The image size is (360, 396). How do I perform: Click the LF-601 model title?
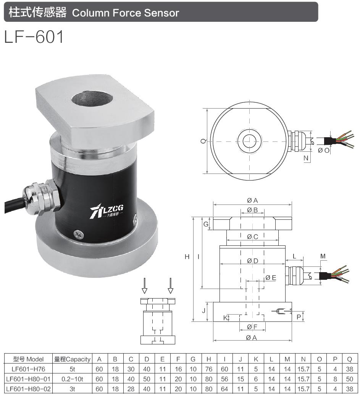point(34,37)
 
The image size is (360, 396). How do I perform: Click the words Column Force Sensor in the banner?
point(125,13)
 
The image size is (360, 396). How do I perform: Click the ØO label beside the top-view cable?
point(323,150)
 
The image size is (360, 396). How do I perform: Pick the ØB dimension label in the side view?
point(252,210)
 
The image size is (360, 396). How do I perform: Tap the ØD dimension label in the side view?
point(252,261)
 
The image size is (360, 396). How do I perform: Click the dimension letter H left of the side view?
point(187,257)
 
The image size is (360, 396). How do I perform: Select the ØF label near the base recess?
point(252,327)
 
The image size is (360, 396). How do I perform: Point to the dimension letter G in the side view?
point(205,224)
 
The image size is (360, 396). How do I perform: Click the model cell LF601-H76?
point(28,369)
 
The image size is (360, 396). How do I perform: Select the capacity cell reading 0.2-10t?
point(72,379)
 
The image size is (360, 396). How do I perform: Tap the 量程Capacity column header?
point(72,359)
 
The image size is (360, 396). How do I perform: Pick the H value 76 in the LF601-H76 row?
point(209,369)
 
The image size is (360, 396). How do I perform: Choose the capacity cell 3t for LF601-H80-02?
point(72,389)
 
